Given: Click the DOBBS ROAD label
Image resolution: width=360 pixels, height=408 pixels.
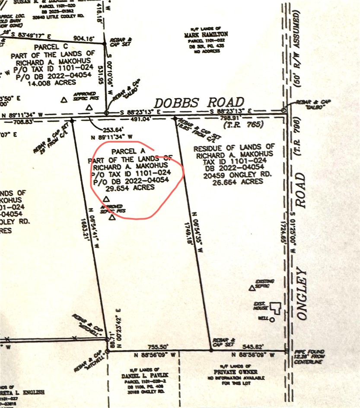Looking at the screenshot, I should click(x=199, y=103).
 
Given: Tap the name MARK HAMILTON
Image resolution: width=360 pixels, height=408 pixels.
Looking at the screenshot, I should click(x=206, y=34).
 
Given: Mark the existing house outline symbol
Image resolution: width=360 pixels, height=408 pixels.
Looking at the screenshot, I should click(x=276, y=308).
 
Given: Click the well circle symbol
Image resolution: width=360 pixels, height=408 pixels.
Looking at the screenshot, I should click(x=272, y=320).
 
